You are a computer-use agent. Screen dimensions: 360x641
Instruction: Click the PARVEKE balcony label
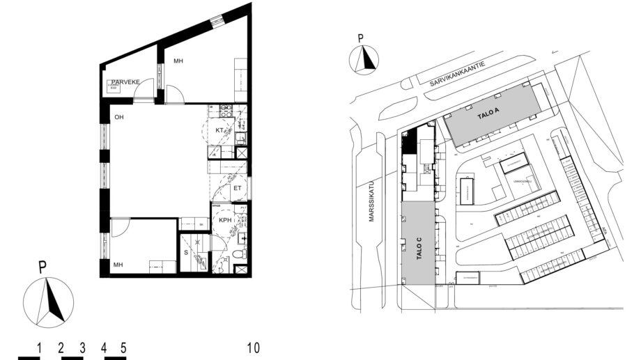[126, 82]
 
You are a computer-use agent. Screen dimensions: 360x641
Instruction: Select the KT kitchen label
[219, 130]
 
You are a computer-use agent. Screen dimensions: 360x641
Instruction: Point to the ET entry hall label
[237, 187]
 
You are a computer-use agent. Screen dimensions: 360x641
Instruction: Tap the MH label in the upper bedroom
[178, 62]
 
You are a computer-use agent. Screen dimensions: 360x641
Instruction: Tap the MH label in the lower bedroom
[118, 265]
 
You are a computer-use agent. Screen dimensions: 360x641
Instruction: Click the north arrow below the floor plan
[48, 299]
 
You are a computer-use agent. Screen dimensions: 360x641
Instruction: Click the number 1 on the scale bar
[40, 347]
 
